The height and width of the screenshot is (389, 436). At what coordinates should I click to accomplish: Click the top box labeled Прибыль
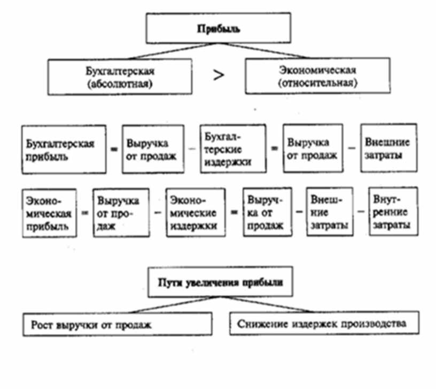219,29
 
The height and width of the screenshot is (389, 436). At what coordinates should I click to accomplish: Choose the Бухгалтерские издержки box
233,148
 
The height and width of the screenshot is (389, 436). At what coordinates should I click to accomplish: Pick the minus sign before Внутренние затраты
361,212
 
